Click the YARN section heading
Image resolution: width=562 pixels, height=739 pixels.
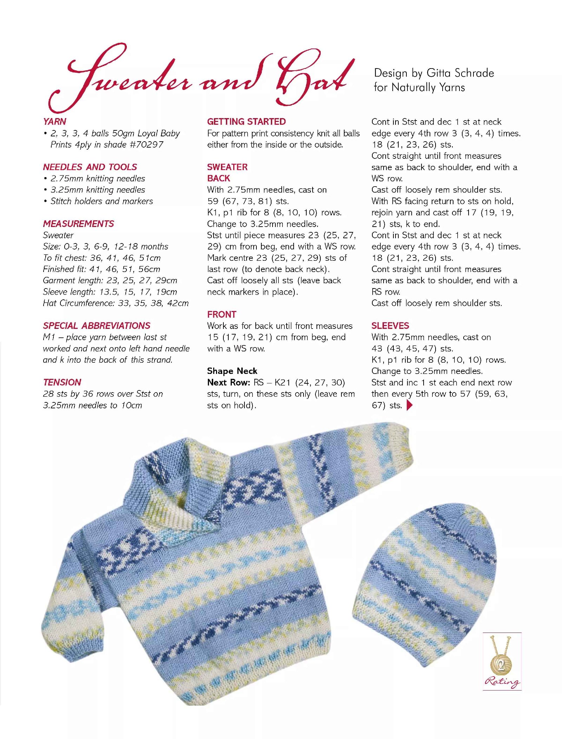point(54,122)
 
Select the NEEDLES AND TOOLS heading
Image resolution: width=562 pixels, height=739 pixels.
point(90,167)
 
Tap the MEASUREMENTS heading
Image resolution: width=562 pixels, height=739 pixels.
point(78,223)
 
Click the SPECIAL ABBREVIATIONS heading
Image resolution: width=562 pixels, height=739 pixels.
point(97,325)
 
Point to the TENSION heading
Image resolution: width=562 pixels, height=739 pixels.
point(62,382)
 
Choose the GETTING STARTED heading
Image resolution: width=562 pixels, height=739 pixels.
point(246,122)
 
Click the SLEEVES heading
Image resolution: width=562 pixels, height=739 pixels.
point(390,325)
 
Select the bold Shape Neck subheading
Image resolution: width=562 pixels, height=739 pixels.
point(232,371)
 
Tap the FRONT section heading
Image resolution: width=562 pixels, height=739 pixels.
point(222,314)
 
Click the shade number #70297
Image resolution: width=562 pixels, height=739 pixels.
point(146,144)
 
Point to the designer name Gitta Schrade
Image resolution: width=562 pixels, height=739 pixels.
point(460,73)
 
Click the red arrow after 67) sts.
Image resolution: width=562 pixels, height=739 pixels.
point(409,405)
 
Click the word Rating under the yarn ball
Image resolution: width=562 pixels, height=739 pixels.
point(502,682)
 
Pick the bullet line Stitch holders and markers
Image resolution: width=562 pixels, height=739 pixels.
point(102,201)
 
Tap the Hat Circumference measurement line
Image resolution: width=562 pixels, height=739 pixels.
point(116,303)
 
